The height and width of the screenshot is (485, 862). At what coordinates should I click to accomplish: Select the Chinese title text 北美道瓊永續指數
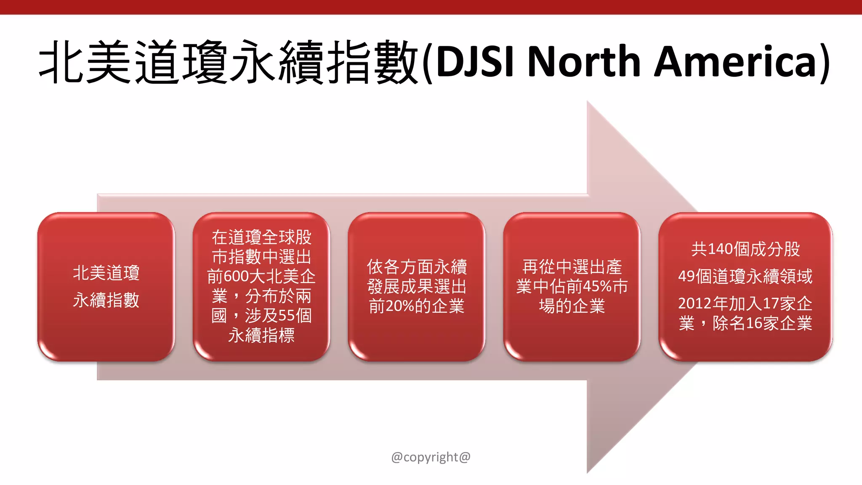(x=229, y=62)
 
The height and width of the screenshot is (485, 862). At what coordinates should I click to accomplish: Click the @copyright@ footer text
(x=431, y=457)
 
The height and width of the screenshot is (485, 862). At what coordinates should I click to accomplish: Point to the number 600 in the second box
(x=236, y=277)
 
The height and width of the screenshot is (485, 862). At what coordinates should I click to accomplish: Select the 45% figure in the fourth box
(x=597, y=287)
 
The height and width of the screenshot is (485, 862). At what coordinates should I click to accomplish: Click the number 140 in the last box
(x=720, y=249)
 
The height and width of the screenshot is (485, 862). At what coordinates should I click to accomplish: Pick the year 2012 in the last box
(x=695, y=304)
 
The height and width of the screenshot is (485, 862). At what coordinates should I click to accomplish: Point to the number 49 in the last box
(x=686, y=277)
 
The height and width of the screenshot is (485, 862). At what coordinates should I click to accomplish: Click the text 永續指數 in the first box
(x=106, y=300)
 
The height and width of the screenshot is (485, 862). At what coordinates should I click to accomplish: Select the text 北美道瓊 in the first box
(x=106, y=273)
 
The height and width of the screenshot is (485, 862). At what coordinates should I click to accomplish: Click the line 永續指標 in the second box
(x=261, y=336)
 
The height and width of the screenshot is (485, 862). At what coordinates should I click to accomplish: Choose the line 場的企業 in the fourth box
(x=572, y=306)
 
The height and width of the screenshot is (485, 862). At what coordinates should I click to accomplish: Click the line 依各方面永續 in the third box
(x=417, y=267)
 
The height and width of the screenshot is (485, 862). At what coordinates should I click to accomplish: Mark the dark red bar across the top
(x=431, y=7)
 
